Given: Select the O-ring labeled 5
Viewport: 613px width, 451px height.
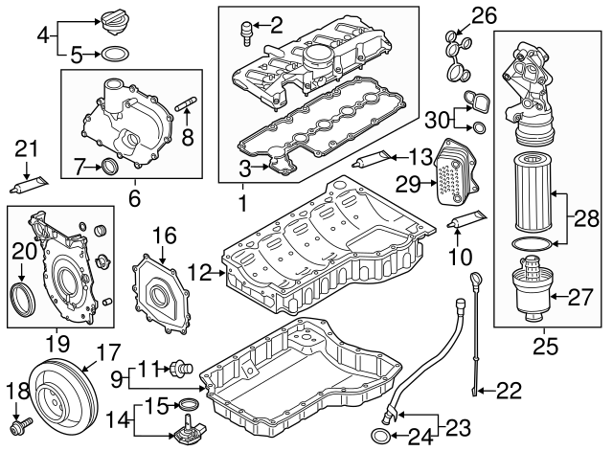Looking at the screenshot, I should click(x=114, y=53).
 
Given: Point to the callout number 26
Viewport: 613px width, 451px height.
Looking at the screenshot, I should click(x=485, y=14).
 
